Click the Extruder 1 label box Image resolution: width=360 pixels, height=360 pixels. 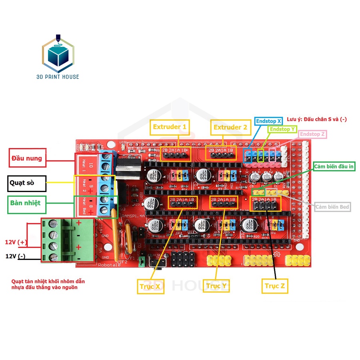click(170, 127)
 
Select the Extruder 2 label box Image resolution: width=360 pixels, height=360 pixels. click(231, 128)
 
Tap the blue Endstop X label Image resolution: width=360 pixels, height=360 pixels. click(269, 121)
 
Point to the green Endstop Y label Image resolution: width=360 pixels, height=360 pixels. click(282, 129)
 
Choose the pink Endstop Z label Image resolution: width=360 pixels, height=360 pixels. click(312, 134)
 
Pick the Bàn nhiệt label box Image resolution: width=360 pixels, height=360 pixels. click(27, 203)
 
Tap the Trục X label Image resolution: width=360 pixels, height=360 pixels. click(150, 286)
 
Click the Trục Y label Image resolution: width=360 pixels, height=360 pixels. click(216, 286)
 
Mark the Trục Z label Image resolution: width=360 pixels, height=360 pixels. click(275, 286)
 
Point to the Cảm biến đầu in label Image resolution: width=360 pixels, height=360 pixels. click(334, 166)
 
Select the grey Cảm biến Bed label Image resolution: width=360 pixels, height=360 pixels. click(332, 207)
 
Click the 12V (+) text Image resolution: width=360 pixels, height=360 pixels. click(16, 242)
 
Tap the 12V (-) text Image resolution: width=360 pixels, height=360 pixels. click(15, 256)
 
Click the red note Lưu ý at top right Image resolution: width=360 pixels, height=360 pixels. click(316, 119)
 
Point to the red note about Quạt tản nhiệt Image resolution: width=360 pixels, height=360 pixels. click(48, 284)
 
